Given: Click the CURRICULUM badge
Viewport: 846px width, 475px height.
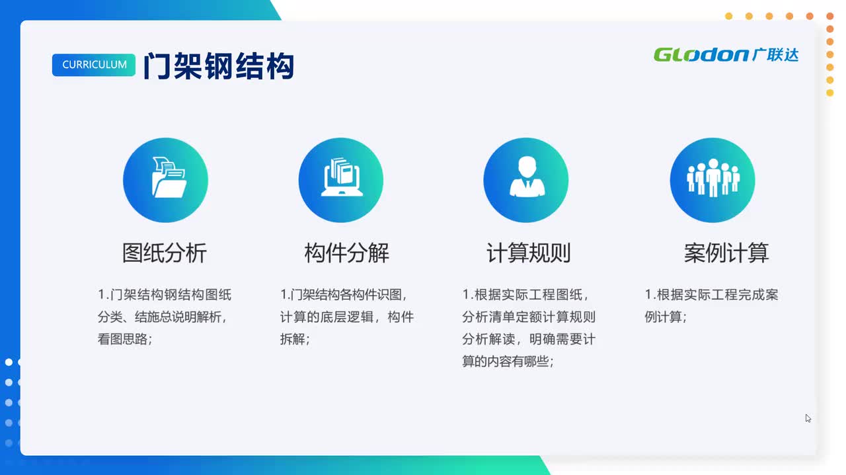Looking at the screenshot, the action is click(x=94, y=65).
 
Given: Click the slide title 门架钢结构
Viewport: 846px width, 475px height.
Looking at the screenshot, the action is click(x=219, y=66).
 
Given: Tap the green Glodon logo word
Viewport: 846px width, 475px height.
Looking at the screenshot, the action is click(x=701, y=55).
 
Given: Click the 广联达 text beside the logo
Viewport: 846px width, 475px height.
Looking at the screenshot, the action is click(x=775, y=55).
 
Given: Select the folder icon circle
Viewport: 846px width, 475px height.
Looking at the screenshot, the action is click(x=165, y=180).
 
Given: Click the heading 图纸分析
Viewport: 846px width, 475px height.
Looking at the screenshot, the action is click(x=165, y=253).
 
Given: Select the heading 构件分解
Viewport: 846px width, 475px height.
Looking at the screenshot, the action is click(x=347, y=253).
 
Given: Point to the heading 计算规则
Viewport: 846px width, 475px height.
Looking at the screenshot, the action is click(x=528, y=253).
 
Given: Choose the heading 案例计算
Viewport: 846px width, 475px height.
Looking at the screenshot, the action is click(x=726, y=253).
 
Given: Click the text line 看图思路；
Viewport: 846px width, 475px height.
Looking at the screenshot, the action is click(x=125, y=339).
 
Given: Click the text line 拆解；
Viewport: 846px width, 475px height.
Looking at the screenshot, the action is click(x=295, y=339).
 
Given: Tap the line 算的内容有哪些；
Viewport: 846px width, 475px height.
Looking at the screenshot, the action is click(x=508, y=361).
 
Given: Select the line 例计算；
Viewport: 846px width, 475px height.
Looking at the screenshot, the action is click(x=666, y=316).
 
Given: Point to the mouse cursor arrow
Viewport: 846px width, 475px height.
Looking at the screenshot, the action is click(x=808, y=418).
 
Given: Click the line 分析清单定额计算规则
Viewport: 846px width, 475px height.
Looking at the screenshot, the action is click(x=529, y=316).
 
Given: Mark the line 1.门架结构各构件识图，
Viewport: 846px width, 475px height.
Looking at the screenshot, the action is click(x=344, y=294).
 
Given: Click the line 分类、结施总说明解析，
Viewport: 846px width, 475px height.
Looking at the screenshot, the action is click(x=163, y=316).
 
